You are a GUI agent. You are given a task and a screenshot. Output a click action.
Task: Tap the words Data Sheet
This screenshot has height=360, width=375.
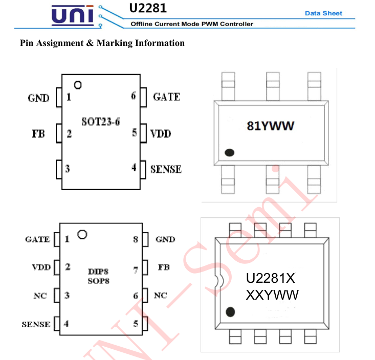pos(323,13)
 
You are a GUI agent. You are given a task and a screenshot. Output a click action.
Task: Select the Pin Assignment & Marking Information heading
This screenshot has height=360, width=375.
pos(102,43)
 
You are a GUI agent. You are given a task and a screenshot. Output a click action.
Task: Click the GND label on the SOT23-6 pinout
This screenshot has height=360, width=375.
pos(38,98)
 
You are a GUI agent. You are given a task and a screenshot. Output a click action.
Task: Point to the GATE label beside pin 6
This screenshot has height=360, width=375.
pos(166,96)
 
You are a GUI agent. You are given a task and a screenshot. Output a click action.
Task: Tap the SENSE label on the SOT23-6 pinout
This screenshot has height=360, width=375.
pos(166,169)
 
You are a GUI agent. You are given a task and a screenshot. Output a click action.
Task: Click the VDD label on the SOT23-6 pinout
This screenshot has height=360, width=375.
pos(161,133)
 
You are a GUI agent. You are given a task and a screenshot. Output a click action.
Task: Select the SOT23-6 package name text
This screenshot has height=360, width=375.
pos(101,122)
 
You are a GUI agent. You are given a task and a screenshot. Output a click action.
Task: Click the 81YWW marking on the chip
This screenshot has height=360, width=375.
pos(271,126)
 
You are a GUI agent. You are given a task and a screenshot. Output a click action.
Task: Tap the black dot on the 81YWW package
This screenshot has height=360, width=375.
pos(229,152)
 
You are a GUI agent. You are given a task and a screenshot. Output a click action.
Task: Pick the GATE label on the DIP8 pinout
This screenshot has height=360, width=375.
pos(37,239)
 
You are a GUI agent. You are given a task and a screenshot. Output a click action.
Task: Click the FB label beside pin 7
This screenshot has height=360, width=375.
pos(163,267)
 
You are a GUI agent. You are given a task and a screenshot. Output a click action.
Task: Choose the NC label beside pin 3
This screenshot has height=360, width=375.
pos(40,296)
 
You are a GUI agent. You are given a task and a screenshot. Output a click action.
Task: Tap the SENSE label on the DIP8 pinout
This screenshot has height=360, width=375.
pos(36,324)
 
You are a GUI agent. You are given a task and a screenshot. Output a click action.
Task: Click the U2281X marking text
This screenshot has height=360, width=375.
pos(271,279)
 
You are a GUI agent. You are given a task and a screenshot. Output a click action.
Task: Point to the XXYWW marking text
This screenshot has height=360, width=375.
pos(272,295)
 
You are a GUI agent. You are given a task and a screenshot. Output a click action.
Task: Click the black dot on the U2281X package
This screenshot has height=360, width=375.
pos(230,311)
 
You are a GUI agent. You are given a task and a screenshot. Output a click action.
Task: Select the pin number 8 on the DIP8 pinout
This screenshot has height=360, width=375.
pos(136,239)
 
